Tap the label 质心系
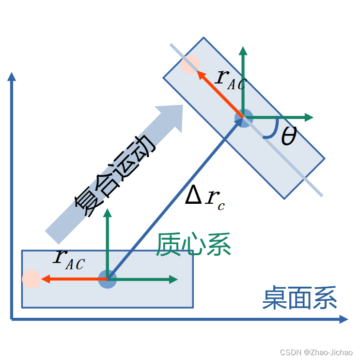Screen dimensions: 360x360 (x=193, y=244)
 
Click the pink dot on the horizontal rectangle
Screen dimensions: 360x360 (x=31, y=279)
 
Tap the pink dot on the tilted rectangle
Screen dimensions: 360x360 (x=189, y=65)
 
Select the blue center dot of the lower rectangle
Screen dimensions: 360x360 (x=107, y=279)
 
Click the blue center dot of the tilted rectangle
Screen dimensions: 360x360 (x=243, y=117)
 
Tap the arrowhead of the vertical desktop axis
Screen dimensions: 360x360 (x=12, y=76)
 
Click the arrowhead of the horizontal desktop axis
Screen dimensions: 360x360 (x=343, y=319)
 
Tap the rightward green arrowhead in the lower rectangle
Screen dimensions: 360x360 (x=173, y=279)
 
